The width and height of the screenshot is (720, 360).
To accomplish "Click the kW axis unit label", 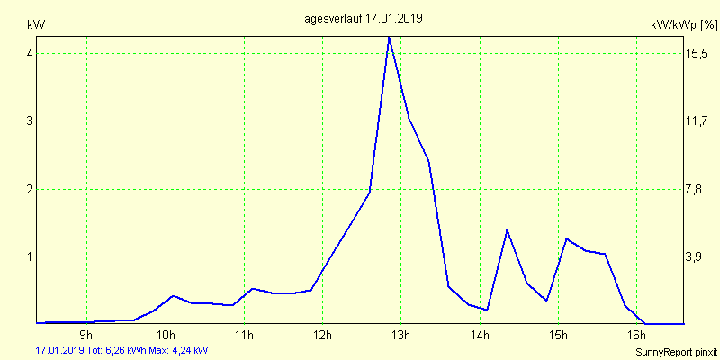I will click(x=36, y=23).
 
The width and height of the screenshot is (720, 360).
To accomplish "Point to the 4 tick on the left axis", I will click(x=30, y=53).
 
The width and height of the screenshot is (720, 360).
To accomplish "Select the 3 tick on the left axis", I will click(x=30, y=121).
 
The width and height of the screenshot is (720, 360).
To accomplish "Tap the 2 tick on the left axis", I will click(x=30, y=189).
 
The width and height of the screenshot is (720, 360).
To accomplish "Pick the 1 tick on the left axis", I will click(x=30, y=256).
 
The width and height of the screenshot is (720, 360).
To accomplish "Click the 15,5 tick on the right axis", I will click(x=698, y=53).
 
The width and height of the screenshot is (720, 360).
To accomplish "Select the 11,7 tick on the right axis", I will click(x=698, y=121).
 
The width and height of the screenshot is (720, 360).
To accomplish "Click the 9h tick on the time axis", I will click(x=86, y=336).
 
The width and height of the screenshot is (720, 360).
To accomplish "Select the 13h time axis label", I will click(x=401, y=336).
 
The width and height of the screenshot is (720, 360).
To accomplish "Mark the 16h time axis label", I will click(x=637, y=336).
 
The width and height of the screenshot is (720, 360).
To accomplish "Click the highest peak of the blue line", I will click(x=389, y=38).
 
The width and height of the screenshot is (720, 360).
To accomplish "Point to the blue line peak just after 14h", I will click(x=508, y=230).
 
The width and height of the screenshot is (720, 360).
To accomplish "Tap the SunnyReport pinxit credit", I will click(x=675, y=351).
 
